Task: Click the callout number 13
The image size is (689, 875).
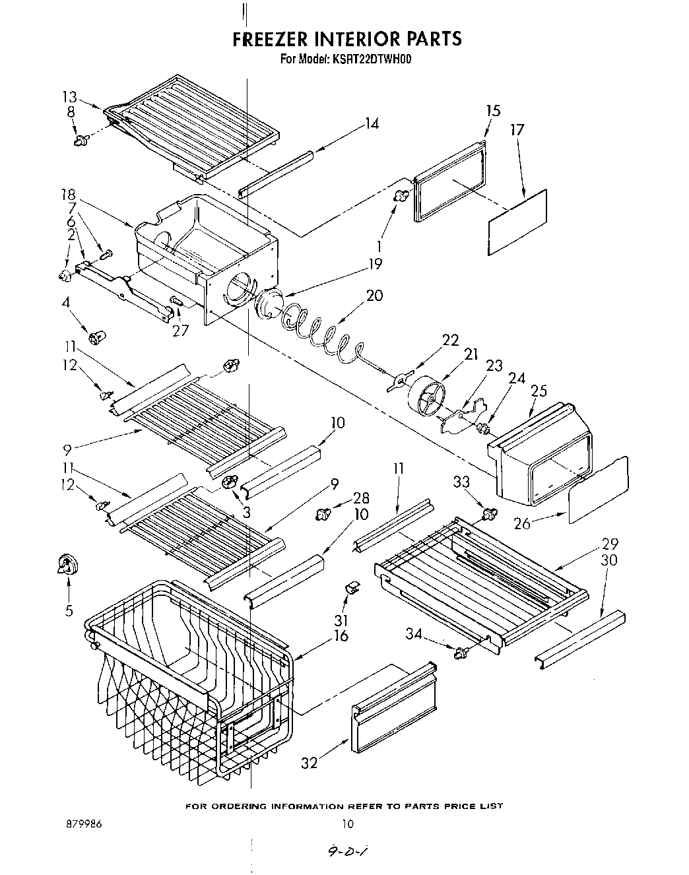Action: coord(70,98)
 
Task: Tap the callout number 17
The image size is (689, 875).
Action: coord(517,130)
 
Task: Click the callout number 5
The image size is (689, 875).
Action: coord(69,610)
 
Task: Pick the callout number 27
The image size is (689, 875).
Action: coord(179,330)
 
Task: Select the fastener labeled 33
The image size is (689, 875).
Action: coord(489,513)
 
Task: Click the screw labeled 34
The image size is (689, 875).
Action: coord(461,653)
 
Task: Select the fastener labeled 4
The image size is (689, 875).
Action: coord(100,337)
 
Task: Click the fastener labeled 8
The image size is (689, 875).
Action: coord(82,139)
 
